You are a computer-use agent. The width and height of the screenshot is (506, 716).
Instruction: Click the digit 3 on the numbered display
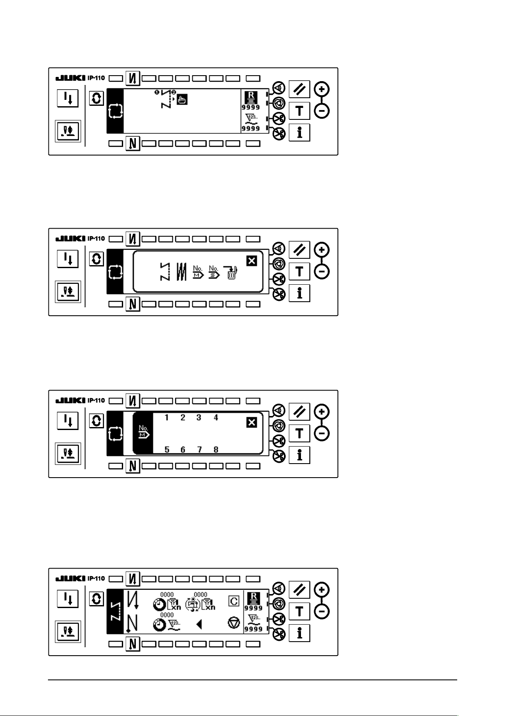point(199,418)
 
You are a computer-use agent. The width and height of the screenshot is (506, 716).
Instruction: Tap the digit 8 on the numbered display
point(216,450)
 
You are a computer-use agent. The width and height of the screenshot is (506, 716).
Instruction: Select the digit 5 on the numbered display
point(167,450)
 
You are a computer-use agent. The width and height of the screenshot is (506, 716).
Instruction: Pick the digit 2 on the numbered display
point(183,418)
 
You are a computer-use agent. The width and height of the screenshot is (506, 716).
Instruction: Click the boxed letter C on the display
point(233,601)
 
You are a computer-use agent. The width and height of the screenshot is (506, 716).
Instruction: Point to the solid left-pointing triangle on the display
point(199,624)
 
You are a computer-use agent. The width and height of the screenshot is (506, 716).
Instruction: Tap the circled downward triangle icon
point(233,623)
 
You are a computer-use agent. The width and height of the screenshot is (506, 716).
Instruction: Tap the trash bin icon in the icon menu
point(232,272)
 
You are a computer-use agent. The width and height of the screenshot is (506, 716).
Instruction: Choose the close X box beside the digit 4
point(252,422)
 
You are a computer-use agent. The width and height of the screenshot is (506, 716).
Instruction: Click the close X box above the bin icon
point(252,261)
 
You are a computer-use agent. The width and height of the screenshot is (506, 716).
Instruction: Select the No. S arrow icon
point(214,272)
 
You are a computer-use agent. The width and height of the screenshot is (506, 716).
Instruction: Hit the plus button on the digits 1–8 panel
point(322,412)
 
